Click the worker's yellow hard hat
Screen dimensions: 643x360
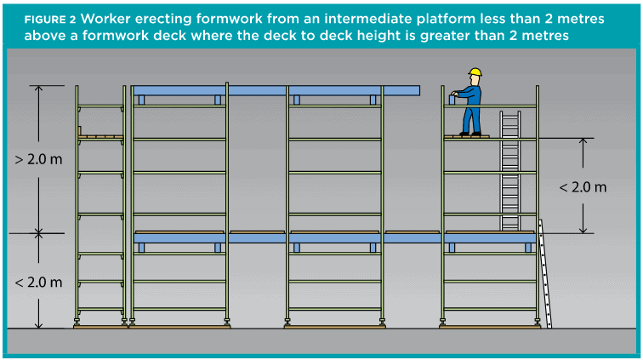point(475,72)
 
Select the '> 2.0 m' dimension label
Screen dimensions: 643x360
point(38,159)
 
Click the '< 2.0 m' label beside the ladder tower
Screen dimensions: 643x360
point(583,187)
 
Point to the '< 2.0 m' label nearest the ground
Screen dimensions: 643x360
point(38,282)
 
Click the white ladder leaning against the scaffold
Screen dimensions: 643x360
point(545,273)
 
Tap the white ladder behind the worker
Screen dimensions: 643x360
point(510,170)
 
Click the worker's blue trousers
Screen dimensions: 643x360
point(471,119)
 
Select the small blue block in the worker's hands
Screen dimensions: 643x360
point(452,100)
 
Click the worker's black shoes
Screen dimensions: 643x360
point(470,134)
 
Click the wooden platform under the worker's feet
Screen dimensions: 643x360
point(467,136)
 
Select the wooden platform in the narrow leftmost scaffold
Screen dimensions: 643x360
point(101,137)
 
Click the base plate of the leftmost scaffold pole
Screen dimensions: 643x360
point(77,323)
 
